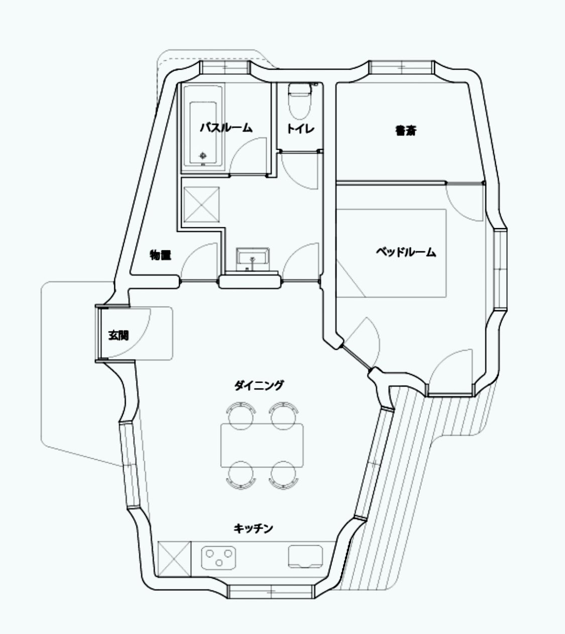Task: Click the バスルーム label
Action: pyautogui.click(x=226, y=128)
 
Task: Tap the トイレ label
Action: pyautogui.click(x=300, y=129)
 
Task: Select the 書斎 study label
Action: pyautogui.click(x=406, y=131)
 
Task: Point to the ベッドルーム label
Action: pyautogui.click(x=406, y=252)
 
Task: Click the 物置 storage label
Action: pyautogui.click(x=160, y=255)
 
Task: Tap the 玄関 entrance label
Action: pyautogui.click(x=119, y=335)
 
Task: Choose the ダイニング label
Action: pyautogui.click(x=259, y=385)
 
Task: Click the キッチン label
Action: pyautogui.click(x=253, y=528)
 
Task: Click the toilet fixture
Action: pyautogui.click(x=300, y=101)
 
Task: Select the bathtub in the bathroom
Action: pyautogui.click(x=203, y=128)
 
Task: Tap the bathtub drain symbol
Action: pyautogui.click(x=203, y=156)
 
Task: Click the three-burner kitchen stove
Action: pyautogui.click(x=218, y=558)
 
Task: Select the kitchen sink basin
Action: pyautogui.click(x=305, y=556)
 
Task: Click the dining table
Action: pyautogui.click(x=262, y=445)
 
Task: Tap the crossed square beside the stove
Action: pyautogui.click(x=174, y=559)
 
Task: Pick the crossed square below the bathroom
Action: pyautogui.click(x=201, y=205)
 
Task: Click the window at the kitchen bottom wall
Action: pyautogui.click(x=270, y=591)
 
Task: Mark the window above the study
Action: pyautogui.click(x=402, y=67)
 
